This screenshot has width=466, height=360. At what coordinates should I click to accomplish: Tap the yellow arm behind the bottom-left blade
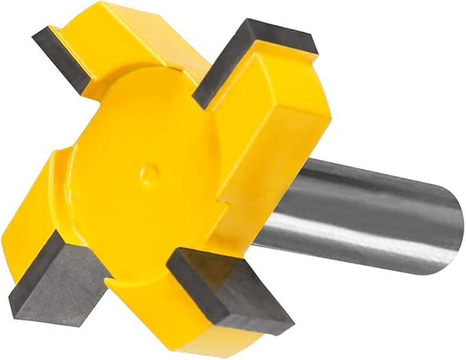(x=69, y=206)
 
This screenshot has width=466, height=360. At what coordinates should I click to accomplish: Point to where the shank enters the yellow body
(x=281, y=206)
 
